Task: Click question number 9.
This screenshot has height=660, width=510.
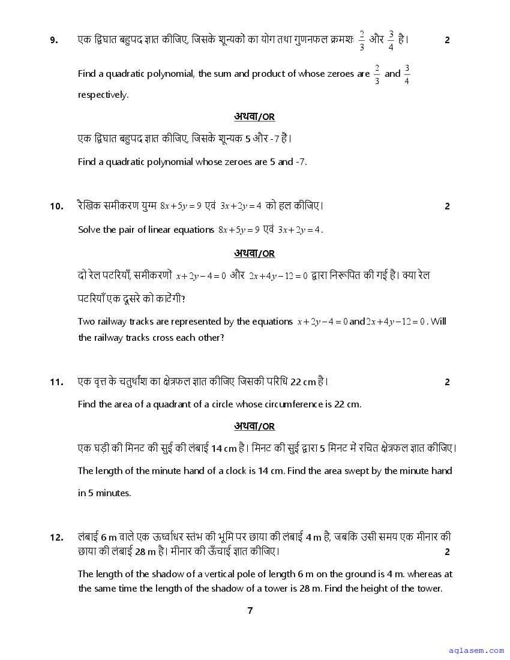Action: (x=54, y=40)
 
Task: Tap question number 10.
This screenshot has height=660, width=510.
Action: (x=56, y=206)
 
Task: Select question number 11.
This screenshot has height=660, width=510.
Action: (x=56, y=382)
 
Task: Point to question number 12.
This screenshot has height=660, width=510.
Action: (x=56, y=538)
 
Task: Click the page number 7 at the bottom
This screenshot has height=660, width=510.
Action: (x=250, y=611)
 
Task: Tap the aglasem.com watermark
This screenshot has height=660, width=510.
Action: (x=476, y=650)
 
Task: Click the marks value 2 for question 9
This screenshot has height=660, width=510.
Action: (x=447, y=40)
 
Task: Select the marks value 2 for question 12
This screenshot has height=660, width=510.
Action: (x=447, y=552)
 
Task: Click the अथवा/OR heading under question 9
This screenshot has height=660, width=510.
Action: (x=254, y=117)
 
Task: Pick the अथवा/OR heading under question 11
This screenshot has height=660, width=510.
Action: (x=254, y=427)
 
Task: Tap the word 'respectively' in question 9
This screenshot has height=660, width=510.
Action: (x=103, y=95)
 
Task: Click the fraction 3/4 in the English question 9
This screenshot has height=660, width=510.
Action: (x=407, y=74)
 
